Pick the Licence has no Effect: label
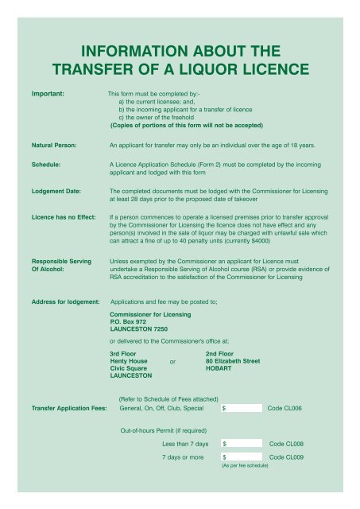[x=64, y=215]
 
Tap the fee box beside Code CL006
[x=242, y=409]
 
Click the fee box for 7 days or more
[x=242, y=458]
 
